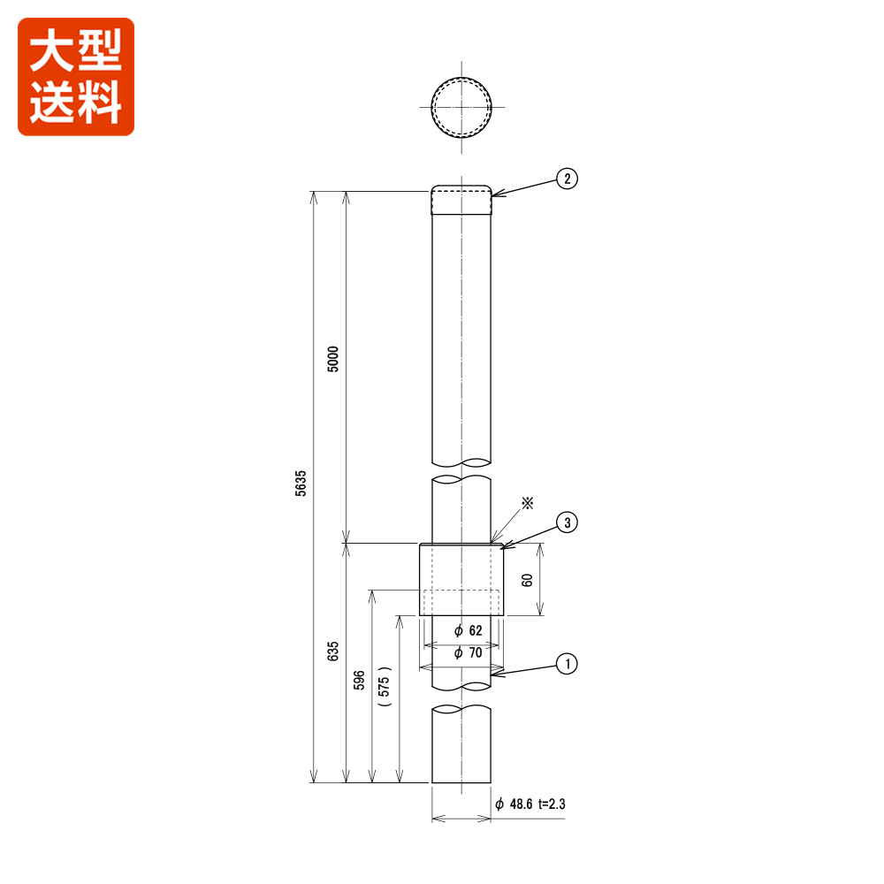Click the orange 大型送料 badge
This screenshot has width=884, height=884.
coord(76,77)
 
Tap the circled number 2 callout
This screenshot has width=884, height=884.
coord(567,179)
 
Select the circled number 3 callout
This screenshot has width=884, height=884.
coord(567,523)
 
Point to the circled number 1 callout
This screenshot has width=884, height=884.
coord(567,661)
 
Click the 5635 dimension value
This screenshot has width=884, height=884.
coord(301,484)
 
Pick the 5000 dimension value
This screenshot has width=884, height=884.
coord(333,359)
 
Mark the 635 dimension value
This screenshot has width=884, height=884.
coord(333,652)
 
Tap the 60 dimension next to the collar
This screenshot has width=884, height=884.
coord(527,580)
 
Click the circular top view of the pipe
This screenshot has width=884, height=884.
coord(461,108)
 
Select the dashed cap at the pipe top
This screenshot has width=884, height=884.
coord(461,201)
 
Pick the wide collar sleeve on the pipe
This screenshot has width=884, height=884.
coord(461,579)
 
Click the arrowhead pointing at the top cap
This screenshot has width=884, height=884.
coord(497,194)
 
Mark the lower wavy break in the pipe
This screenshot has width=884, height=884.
coord(461,698)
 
